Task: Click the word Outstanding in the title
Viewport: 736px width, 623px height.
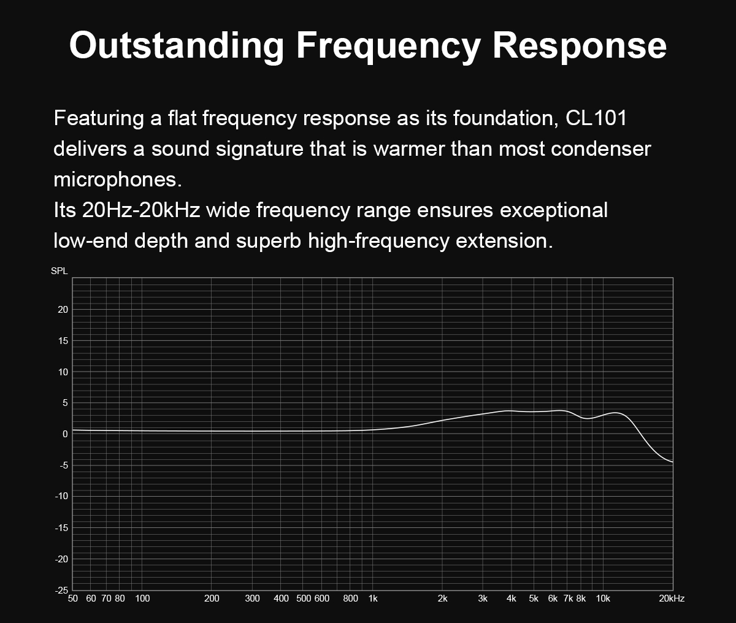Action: click(177, 45)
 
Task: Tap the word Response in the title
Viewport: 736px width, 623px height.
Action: click(580, 45)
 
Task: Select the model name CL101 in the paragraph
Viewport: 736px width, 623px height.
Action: click(596, 118)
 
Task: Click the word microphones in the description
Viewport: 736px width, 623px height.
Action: click(118, 180)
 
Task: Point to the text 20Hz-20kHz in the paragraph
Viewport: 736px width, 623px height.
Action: click(141, 210)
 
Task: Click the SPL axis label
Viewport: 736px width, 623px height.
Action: click(59, 271)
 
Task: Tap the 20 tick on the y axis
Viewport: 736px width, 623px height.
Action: click(63, 310)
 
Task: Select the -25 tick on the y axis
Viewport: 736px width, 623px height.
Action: click(61, 591)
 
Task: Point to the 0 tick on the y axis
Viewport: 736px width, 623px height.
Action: click(65, 434)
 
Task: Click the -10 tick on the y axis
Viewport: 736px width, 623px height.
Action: click(61, 496)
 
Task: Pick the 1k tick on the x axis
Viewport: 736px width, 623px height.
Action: click(373, 599)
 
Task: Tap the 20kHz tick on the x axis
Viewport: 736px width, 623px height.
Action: click(672, 599)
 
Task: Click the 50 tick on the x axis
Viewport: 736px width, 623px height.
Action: click(72, 599)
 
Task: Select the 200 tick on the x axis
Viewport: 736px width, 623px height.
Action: click(212, 599)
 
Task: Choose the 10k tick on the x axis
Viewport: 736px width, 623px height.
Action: click(603, 599)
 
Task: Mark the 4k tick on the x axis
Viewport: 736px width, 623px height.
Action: click(512, 599)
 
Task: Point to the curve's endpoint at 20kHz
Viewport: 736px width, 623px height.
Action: click(673, 462)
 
